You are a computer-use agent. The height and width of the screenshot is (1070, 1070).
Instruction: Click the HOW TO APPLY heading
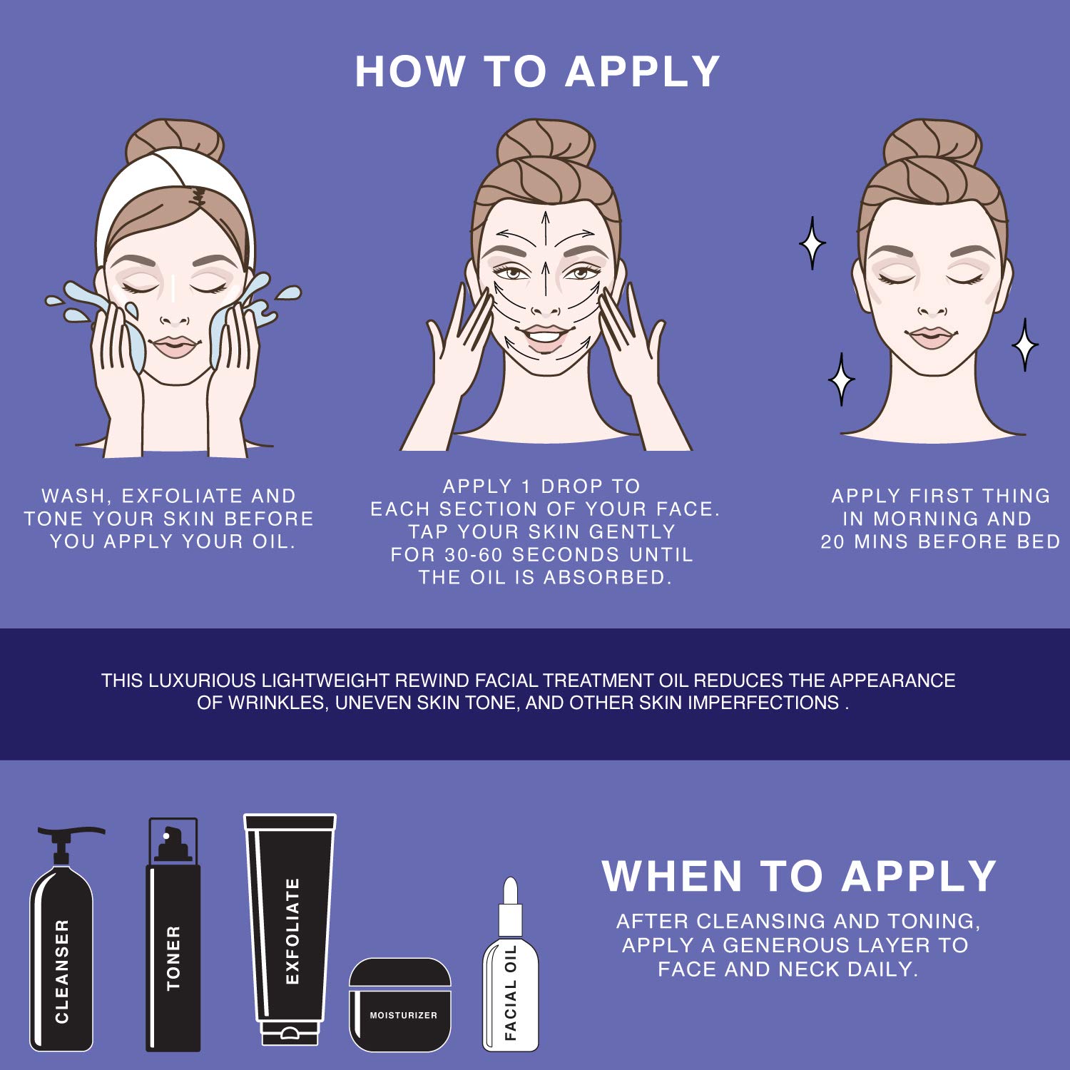(537, 71)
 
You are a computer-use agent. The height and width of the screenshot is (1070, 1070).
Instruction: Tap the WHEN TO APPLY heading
(799, 876)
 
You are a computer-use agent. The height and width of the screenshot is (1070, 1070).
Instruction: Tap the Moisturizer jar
(400, 1004)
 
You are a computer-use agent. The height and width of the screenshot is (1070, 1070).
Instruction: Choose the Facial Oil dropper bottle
(511, 967)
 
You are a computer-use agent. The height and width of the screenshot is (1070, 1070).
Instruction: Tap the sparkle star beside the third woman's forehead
(812, 243)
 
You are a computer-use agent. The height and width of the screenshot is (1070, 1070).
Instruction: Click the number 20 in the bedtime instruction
(833, 542)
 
